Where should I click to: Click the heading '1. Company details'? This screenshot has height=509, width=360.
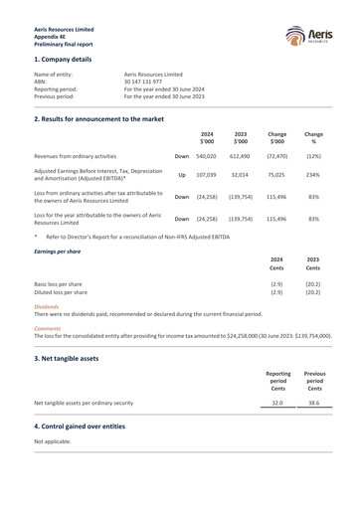click(x=69, y=60)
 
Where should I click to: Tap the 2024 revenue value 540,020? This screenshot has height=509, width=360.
click(x=206, y=156)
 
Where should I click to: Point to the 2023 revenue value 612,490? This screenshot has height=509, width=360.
click(x=239, y=156)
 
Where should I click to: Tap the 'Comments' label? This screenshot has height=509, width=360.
click(x=48, y=327)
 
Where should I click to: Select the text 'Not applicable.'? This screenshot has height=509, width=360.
click(x=54, y=440)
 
